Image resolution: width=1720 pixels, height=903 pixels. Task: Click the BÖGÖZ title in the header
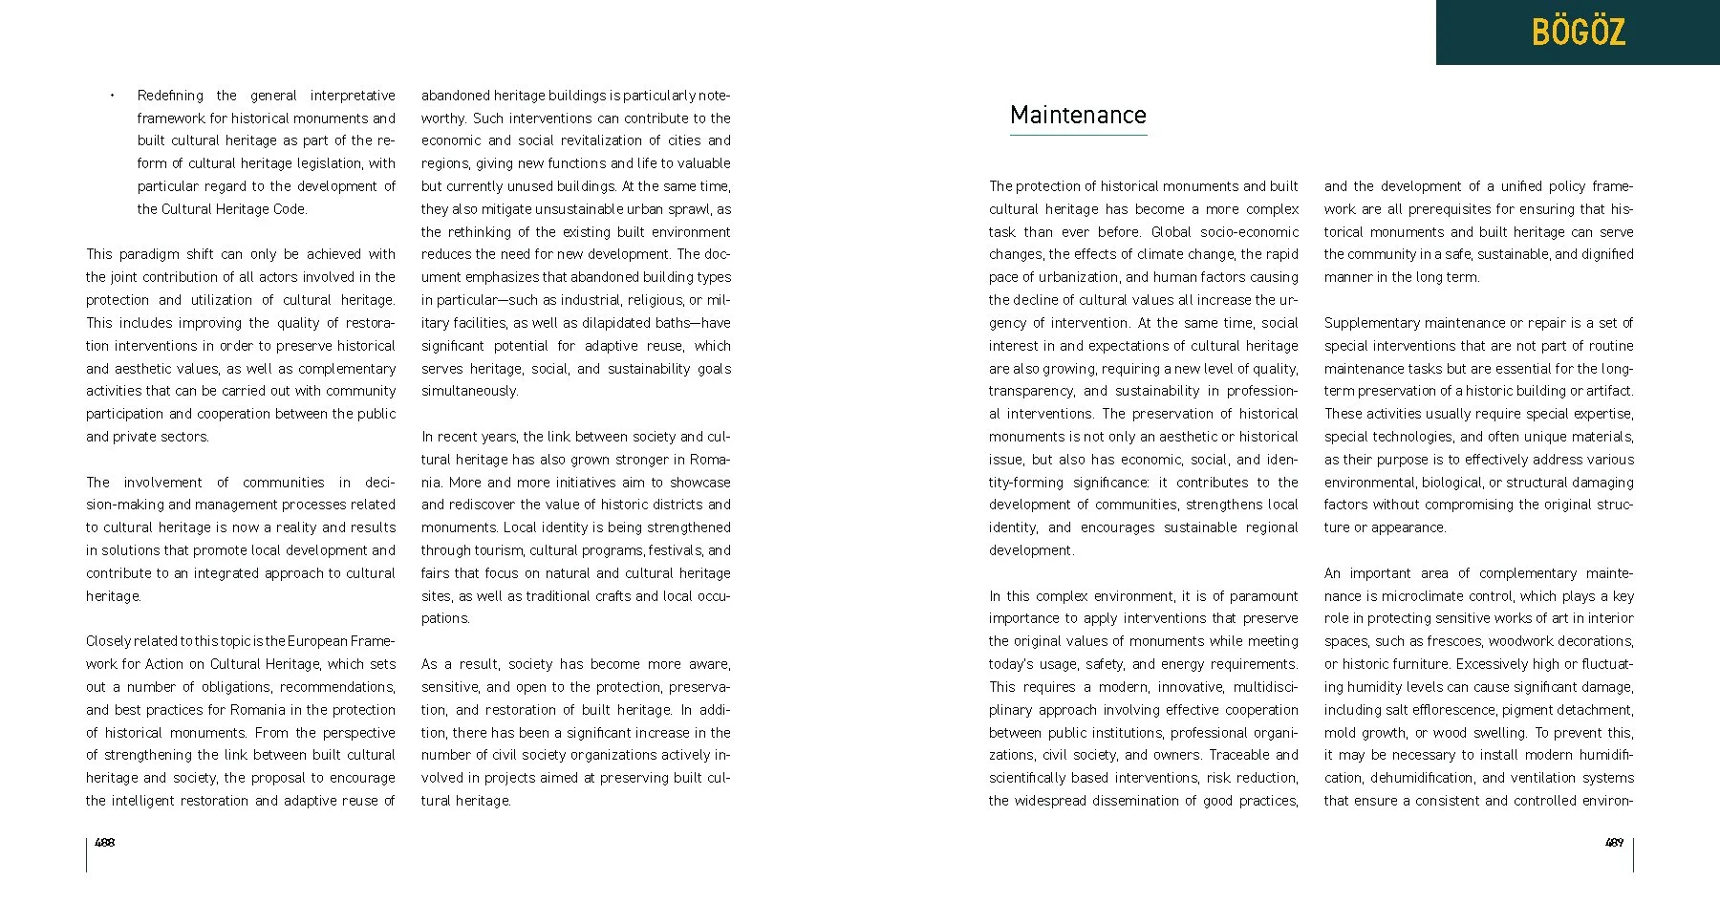[1578, 32]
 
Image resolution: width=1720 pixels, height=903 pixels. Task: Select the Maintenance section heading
[1078, 115]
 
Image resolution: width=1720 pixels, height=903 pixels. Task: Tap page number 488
[105, 843]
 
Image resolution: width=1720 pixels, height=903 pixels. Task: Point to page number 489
[1614, 843]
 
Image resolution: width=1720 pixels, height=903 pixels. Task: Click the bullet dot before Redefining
[112, 95]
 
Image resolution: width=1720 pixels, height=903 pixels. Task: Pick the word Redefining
[170, 96]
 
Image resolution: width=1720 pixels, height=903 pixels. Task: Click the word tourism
[497, 550]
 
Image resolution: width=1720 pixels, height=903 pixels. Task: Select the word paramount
[1263, 596]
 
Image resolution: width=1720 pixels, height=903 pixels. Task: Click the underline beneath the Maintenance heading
[1078, 135]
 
